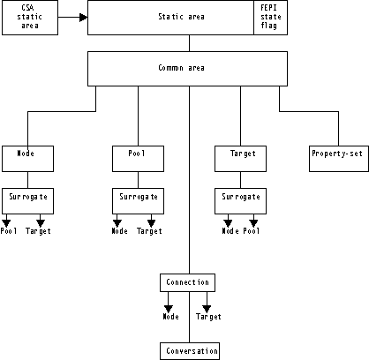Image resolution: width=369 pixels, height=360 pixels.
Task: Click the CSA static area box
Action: click(31, 18)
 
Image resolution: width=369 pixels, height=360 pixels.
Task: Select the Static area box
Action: click(170, 17)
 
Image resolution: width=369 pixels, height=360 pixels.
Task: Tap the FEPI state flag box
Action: click(269, 17)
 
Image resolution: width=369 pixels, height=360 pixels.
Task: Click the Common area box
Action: click(187, 67)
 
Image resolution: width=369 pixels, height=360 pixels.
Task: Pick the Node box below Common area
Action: click(28, 159)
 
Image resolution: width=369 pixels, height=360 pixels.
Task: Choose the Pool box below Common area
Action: click(138, 159)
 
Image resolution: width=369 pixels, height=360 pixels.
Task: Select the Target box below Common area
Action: click(242, 159)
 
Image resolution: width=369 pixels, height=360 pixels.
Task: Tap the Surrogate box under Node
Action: click(28, 200)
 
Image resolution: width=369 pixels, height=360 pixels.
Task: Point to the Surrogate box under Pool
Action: click(138, 200)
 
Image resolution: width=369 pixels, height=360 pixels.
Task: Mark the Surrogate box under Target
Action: click(242, 200)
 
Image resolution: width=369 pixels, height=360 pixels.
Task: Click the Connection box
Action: click(188, 282)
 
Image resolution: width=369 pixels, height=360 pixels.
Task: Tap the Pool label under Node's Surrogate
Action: click(9, 231)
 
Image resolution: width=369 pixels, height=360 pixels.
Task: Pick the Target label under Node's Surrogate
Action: click(39, 231)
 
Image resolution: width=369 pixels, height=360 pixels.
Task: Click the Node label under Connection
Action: click(170, 316)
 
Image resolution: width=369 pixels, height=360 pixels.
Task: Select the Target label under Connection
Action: click(208, 316)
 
